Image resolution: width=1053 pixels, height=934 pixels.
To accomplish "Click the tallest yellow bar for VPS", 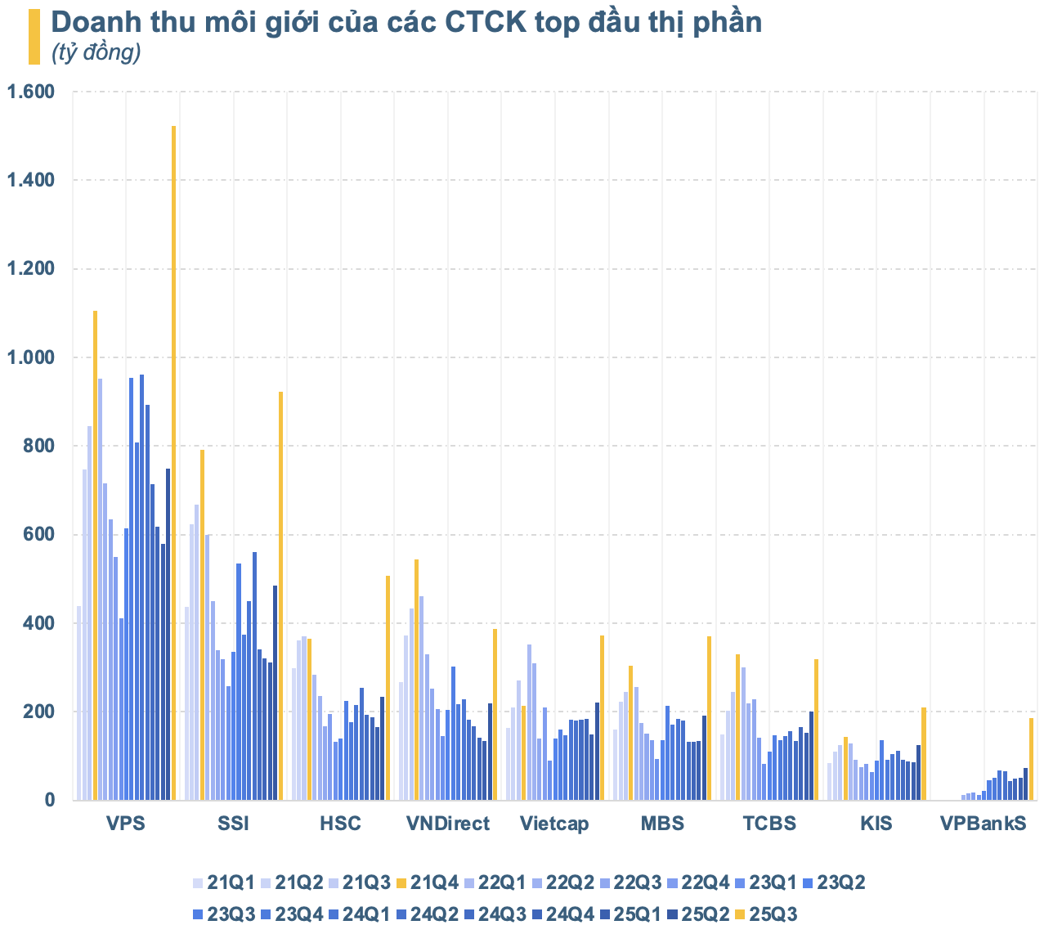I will click(173, 462).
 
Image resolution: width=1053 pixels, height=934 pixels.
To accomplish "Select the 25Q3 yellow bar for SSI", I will click(280, 595).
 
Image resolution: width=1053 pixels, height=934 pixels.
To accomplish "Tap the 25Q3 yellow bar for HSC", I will click(388, 687).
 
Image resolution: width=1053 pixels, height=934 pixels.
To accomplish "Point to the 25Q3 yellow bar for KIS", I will click(924, 753).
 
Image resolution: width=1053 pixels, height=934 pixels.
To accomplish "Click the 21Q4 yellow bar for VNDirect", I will click(416, 679).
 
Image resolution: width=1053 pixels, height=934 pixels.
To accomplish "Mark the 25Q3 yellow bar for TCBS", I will click(816, 729).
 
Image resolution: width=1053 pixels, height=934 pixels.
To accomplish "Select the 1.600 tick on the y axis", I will click(31, 92).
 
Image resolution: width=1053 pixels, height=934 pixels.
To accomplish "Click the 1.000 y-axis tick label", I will click(31, 357).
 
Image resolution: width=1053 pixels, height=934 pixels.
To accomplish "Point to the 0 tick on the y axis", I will click(48, 801).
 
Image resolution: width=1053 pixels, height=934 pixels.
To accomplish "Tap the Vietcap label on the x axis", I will click(554, 824).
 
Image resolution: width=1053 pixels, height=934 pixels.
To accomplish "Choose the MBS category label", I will click(662, 824).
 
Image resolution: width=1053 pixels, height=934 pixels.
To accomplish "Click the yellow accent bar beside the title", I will click(34, 37).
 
